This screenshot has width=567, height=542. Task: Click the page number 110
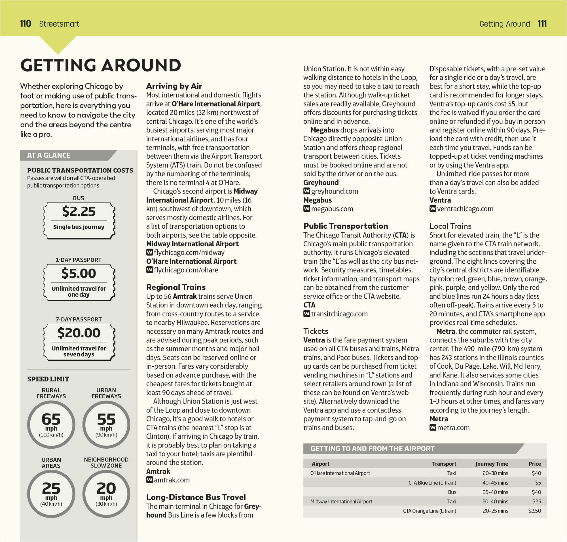26,23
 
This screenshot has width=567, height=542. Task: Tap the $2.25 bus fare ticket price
79,211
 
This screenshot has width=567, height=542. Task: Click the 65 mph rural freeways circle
51,425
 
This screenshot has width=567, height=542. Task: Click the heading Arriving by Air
174,86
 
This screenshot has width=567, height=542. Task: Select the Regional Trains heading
176,287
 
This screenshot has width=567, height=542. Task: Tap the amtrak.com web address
172,480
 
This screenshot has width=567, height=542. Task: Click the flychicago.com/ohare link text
186,270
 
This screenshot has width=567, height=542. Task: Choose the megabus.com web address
332,209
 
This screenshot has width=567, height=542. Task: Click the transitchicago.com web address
339,314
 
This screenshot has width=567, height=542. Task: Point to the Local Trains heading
450,226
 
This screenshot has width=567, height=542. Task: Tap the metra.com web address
453,428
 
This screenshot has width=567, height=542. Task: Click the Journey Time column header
492,464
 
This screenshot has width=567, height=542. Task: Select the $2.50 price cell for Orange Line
534,511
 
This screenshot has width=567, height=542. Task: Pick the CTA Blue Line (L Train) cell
432,483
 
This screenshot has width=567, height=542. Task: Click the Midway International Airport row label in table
341,501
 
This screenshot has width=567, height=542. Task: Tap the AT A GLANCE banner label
49,155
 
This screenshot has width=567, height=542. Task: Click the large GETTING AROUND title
101,65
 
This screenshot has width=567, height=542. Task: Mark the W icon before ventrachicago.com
432,208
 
